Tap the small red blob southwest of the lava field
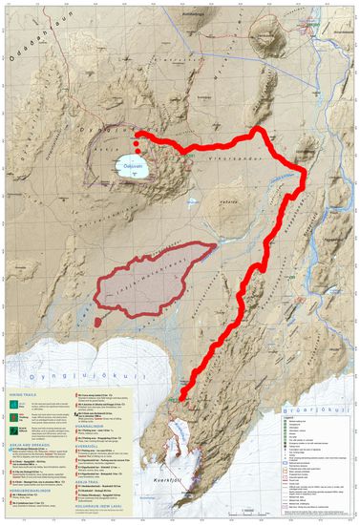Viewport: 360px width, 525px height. (98, 324)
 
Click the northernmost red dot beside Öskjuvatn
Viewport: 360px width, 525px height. (138, 136)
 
